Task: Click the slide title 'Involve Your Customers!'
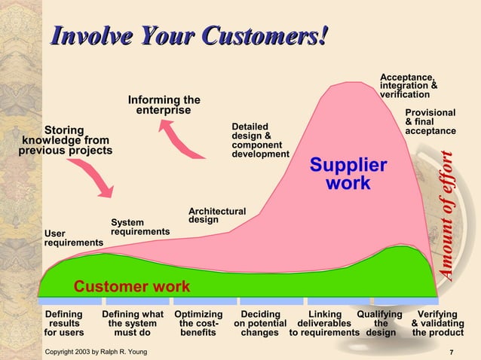click(188, 35)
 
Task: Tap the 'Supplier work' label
click(348, 174)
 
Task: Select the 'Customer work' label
click(131, 287)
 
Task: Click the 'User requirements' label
click(73, 238)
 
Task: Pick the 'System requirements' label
click(139, 227)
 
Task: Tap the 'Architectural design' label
click(216, 215)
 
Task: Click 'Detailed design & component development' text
click(259, 139)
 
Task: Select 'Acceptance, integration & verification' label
click(409, 86)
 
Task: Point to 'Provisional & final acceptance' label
click(430, 122)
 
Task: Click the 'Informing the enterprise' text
click(164, 105)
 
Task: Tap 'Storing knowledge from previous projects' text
click(65, 140)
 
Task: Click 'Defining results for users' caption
click(64, 323)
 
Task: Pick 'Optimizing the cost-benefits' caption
click(198, 323)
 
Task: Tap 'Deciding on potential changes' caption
click(260, 323)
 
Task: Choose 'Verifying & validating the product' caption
click(437, 323)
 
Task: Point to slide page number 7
click(450, 352)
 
